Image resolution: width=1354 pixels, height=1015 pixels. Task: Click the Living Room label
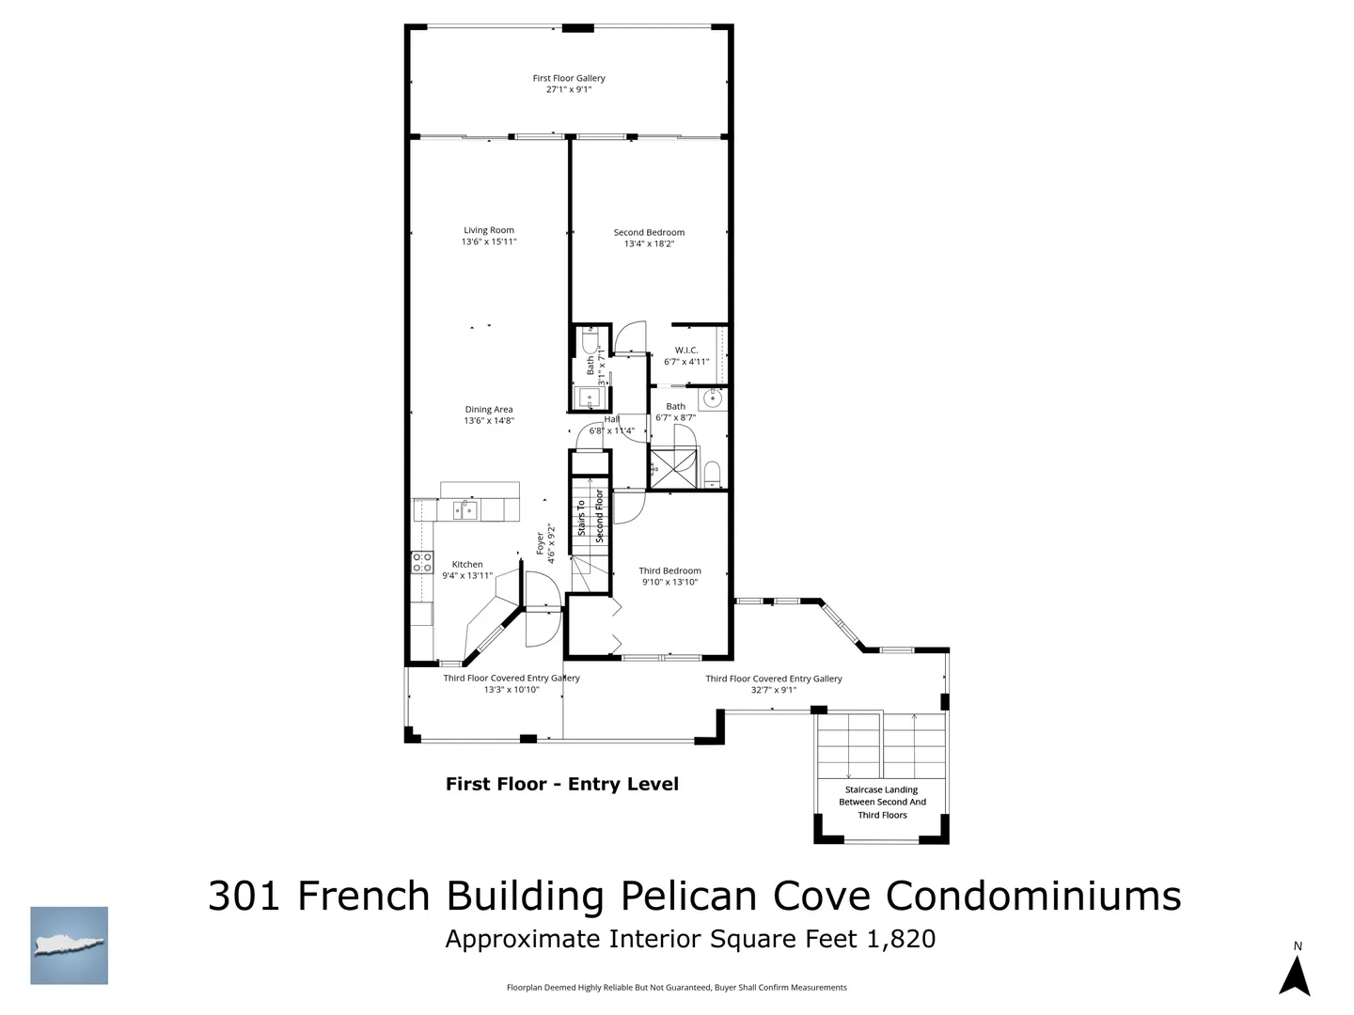489,230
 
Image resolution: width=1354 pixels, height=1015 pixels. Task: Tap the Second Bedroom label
649,232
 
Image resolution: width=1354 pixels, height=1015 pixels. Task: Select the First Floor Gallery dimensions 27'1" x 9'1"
569,89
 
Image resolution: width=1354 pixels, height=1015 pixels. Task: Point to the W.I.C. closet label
686,350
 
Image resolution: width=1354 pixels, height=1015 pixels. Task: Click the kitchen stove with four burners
422,562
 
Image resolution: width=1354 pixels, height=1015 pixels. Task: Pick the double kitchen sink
465,510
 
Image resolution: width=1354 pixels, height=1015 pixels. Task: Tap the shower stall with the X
673,469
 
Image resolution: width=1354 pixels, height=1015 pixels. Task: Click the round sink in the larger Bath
713,398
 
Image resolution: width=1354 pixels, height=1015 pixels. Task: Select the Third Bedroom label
669,570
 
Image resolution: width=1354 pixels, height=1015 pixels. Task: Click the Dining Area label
489,409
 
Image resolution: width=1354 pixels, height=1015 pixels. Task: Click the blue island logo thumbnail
69,945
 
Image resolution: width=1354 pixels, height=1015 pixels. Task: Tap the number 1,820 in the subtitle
901,939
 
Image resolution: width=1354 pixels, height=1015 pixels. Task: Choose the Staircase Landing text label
881,802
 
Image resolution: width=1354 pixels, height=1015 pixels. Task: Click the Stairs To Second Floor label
590,517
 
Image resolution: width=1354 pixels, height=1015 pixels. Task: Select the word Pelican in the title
688,896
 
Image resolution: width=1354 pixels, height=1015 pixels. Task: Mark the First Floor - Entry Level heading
562,784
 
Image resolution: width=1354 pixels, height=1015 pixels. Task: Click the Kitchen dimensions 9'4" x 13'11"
467,575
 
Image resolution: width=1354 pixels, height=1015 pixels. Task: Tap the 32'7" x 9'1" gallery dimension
774,690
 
